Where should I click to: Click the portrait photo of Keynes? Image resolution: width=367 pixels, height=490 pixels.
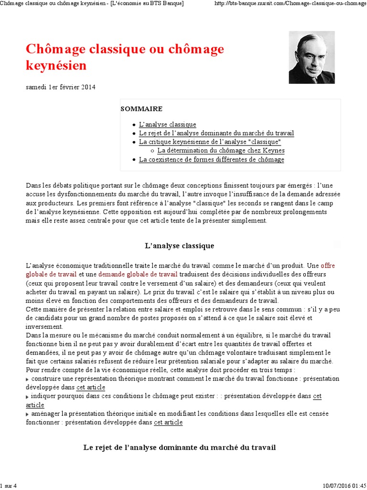click(312, 57)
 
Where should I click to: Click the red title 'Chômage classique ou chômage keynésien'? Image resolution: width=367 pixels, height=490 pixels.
click(124, 57)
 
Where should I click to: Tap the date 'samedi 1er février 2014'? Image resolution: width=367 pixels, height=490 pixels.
click(60, 87)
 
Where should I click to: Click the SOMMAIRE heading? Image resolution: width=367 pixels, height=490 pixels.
click(141, 109)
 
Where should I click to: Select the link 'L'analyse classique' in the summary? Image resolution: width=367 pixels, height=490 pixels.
click(167, 124)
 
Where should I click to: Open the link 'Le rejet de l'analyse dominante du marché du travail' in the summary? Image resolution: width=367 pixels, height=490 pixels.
click(216, 133)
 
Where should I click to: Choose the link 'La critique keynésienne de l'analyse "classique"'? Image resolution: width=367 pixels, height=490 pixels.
click(210, 142)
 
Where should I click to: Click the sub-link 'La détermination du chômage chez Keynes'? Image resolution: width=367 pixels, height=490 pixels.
click(221, 151)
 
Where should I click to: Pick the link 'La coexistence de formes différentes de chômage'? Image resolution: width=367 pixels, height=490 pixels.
click(211, 160)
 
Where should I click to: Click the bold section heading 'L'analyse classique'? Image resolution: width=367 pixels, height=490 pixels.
click(180, 246)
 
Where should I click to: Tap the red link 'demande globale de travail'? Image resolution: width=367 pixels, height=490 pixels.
click(138, 274)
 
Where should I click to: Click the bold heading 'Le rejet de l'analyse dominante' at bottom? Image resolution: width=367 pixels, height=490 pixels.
click(180, 447)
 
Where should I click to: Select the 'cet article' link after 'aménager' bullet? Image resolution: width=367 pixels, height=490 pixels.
click(168, 423)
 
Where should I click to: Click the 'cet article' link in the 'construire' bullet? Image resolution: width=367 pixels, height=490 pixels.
click(91, 388)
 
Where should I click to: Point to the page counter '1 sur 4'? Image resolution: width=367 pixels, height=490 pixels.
click(9, 486)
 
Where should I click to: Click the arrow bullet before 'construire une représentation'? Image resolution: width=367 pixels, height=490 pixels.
click(28, 379)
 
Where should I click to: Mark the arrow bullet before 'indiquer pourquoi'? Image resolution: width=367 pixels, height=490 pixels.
click(28, 397)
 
